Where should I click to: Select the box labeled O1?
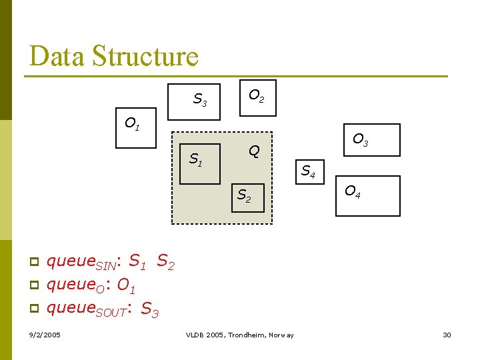tap(136, 127)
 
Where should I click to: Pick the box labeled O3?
tap(371, 140)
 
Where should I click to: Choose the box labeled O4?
tap(367, 195)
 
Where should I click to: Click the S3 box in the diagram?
tap(194, 102)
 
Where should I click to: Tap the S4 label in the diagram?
tap(308, 171)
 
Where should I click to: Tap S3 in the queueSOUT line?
tap(150, 310)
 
